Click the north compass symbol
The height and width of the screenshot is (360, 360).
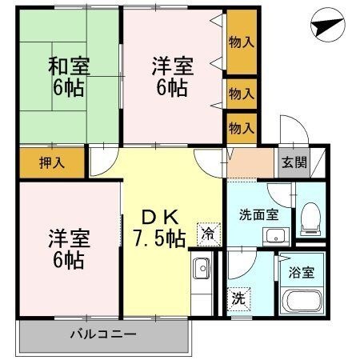click(328, 25)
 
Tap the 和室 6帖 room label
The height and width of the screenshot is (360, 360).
click(69, 77)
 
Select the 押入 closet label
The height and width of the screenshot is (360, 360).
click(52, 162)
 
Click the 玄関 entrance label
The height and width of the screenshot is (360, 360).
click(294, 162)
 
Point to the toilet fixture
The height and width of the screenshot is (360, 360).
click(310, 219)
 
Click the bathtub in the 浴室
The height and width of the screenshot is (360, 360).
click(302, 301)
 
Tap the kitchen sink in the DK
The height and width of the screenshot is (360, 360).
click(202, 268)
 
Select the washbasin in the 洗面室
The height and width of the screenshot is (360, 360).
click(276, 237)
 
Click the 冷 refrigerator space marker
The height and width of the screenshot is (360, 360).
click(209, 234)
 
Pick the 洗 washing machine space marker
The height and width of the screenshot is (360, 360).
click(238, 298)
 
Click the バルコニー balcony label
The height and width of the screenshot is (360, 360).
click(103, 334)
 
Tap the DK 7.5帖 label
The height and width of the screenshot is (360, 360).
click(159, 228)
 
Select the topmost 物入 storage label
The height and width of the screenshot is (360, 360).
click(242, 42)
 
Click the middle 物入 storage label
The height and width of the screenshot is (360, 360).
click(242, 94)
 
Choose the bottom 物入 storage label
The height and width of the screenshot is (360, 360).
click(242, 128)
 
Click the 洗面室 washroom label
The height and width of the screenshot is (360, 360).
click(259, 215)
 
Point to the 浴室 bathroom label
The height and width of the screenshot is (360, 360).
click(302, 272)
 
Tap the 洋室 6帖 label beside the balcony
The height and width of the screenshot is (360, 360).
click(69, 249)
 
